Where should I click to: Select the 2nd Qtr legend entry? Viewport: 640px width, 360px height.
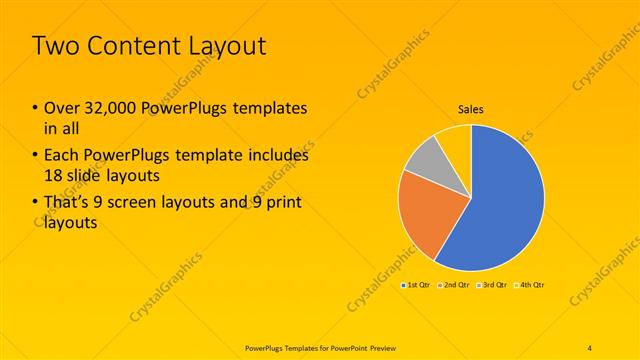point(456,285)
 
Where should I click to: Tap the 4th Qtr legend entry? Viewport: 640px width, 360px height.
point(530,285)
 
